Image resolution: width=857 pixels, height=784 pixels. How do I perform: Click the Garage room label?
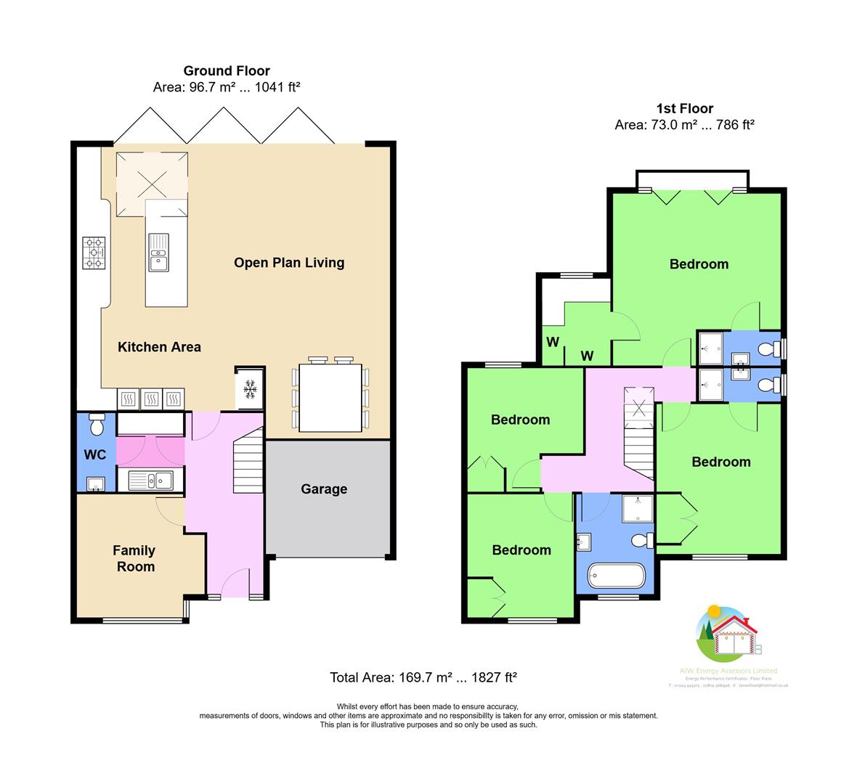click(324, 489)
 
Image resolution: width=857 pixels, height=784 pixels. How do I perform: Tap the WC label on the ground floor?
click(95, 455)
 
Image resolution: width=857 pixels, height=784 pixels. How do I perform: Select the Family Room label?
click(134, 559)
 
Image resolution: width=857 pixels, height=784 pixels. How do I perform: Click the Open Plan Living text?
click(289, 263)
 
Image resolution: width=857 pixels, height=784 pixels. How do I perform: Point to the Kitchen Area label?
click(159, 347)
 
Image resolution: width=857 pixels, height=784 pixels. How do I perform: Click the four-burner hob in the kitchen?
click(94, 253)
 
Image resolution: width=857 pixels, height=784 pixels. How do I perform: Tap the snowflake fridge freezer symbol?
click(250, 389)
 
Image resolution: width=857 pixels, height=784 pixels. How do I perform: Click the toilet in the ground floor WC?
click(96, 425)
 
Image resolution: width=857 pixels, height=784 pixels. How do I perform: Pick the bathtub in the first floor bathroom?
click(616, 576)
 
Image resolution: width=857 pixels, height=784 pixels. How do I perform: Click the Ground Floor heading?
click(227, 71)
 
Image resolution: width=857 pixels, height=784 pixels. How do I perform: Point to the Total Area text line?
click(423, 678)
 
